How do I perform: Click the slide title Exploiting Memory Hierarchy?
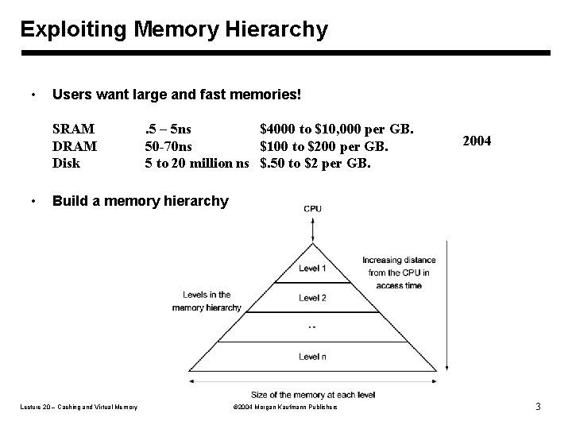173,30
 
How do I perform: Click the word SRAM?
73,129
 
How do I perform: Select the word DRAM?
75,147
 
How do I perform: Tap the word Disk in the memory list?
66,164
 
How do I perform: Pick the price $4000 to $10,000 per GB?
336,129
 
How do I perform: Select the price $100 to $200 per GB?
324,147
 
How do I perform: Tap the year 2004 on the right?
477,141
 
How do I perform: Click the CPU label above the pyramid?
313,209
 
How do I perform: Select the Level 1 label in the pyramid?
312,269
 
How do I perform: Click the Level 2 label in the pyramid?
312,298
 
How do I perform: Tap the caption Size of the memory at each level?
313,394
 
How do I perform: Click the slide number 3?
538,408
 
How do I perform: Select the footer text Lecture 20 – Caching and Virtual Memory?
78,408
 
